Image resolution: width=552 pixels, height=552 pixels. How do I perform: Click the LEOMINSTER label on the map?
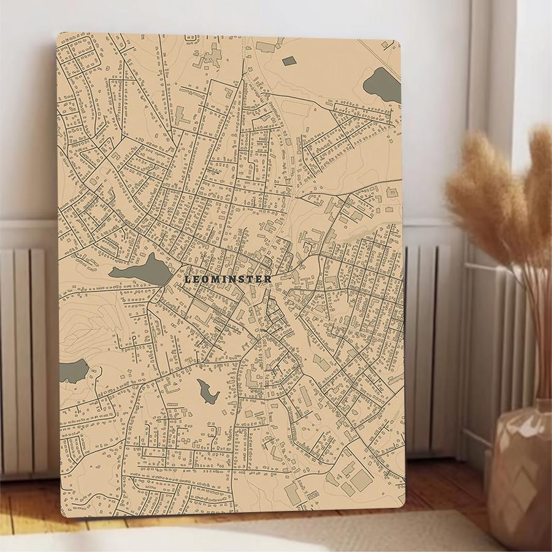228,279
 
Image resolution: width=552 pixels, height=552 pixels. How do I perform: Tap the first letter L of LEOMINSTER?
187,279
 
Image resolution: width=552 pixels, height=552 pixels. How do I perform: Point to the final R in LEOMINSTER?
267,279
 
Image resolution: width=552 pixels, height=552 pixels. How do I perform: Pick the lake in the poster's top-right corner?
383,85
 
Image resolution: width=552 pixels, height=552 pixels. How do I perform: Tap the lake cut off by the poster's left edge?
74,371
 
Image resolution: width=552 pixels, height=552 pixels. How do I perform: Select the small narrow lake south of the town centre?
207,391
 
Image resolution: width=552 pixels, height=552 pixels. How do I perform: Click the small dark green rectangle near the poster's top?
288,61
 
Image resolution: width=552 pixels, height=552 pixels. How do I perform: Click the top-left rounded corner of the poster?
61,36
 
